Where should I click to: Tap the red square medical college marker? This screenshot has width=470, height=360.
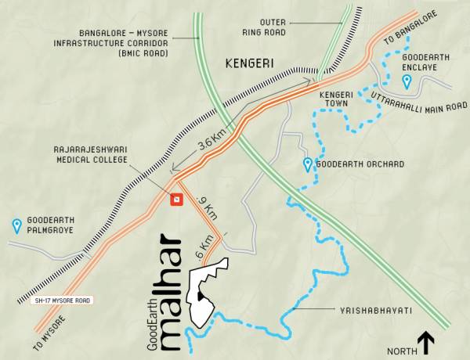pyautogui.click(x=176, y=200)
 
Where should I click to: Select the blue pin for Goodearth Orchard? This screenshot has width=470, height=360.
pyautogui.click(x=309, y=164)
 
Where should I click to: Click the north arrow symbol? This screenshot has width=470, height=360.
pyautogui.click(x=425, y=341)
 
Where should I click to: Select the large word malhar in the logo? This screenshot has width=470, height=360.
pyautogui.click(x=168, y=290)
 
